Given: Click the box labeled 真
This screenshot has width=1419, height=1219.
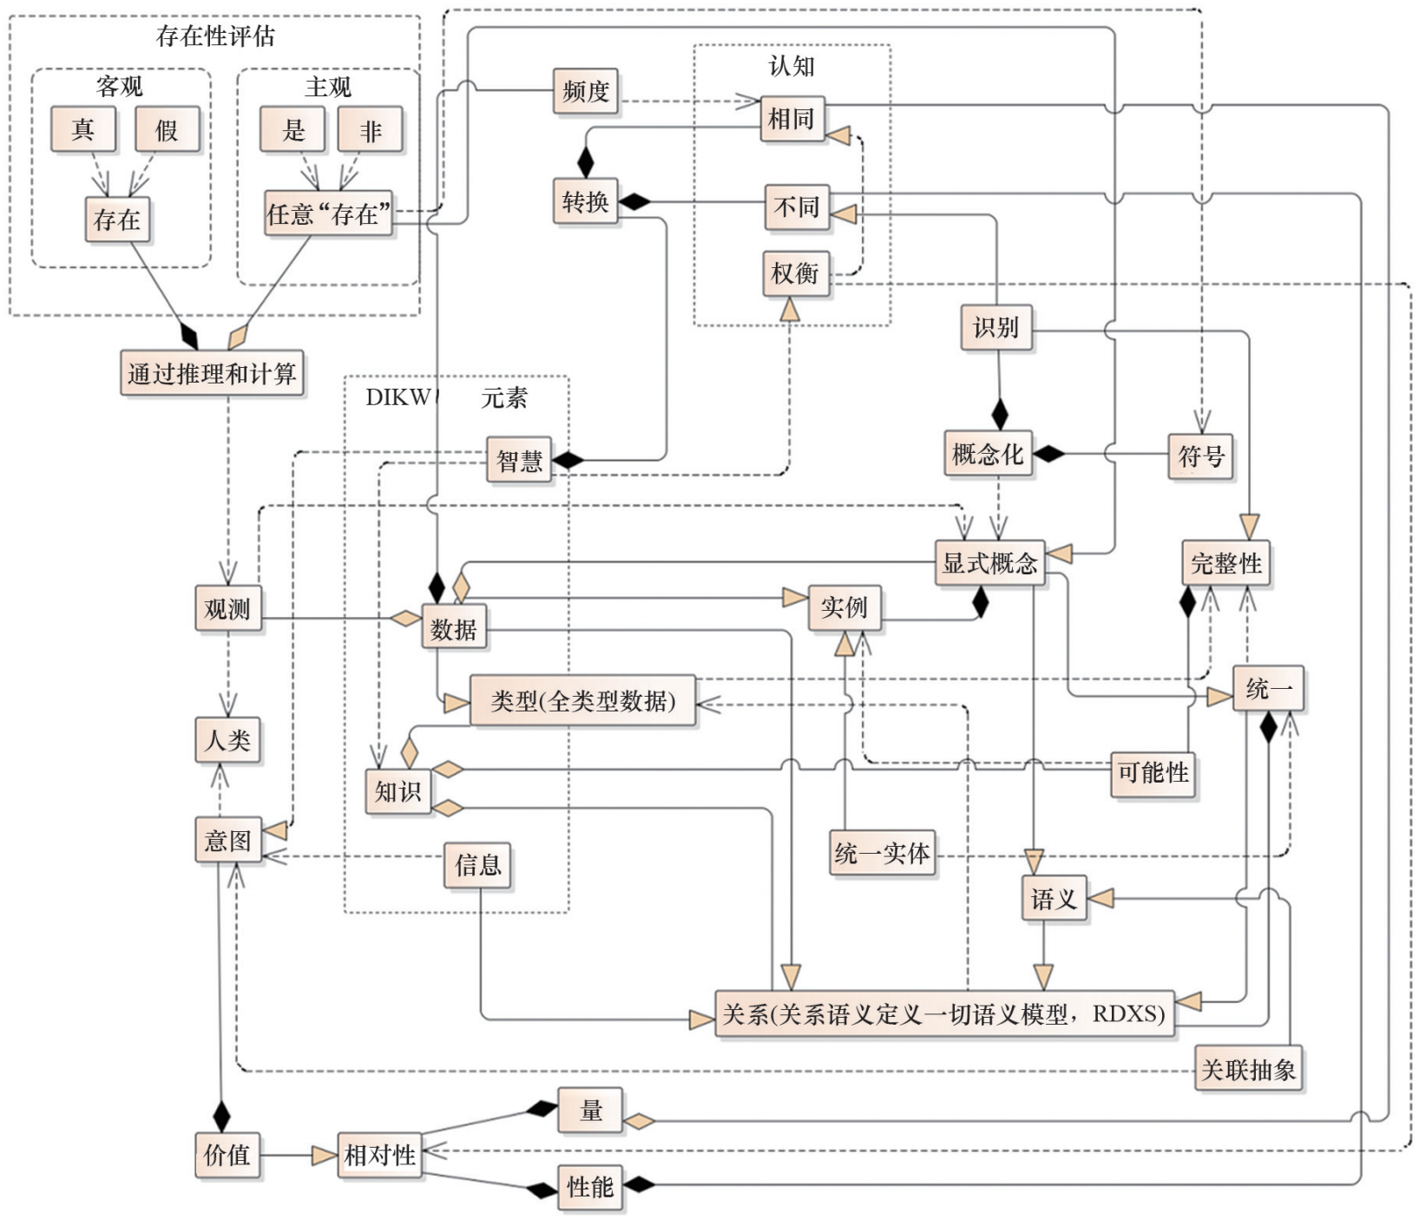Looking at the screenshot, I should coord(82,129).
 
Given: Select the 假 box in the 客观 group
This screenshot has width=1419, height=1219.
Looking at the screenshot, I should coord(167,129).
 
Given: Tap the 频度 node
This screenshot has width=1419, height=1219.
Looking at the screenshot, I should coord(586,91).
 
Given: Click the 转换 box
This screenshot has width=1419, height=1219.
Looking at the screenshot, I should coord(586,202).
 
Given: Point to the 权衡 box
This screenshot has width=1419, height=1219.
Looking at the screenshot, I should coord(796,273).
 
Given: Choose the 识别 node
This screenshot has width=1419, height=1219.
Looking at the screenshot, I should coord(995,327).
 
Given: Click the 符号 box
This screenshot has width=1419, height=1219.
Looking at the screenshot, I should coord(1201,455).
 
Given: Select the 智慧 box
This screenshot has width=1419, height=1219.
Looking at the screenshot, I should coord(519,460).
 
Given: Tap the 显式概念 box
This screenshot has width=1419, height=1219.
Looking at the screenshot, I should coord(989,563).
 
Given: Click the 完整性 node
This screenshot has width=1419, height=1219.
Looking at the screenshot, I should coord(1225,564).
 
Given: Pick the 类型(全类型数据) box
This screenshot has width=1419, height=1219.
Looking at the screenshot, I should coord(582,700).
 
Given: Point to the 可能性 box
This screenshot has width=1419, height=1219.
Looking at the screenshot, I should coord(1153,772).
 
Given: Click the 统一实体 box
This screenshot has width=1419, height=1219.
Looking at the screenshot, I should coord(882,854).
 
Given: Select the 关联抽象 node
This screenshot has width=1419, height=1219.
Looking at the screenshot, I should coord(1248,1069).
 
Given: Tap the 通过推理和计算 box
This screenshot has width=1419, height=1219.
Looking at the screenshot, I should coord(212,373).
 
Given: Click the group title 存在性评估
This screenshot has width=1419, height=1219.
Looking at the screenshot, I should coord(215,36).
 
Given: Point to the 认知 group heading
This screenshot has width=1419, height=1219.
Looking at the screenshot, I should coord(792,66).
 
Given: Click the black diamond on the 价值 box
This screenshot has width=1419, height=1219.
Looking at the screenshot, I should coord(221,1117).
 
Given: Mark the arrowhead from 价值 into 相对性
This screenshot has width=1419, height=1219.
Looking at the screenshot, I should coord(325,1156).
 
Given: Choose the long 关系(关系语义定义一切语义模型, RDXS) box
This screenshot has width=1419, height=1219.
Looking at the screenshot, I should coord(944,1014).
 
